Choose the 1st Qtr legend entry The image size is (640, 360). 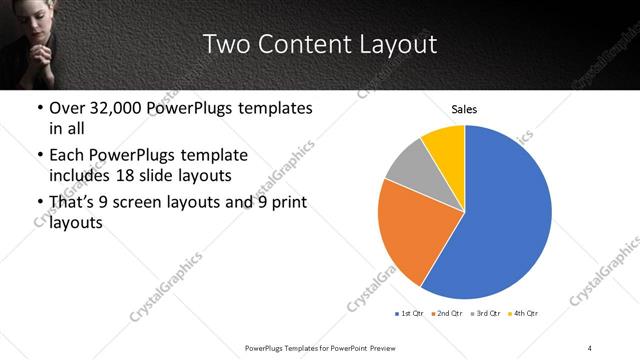(409, 315)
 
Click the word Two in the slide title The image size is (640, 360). (225, 45)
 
